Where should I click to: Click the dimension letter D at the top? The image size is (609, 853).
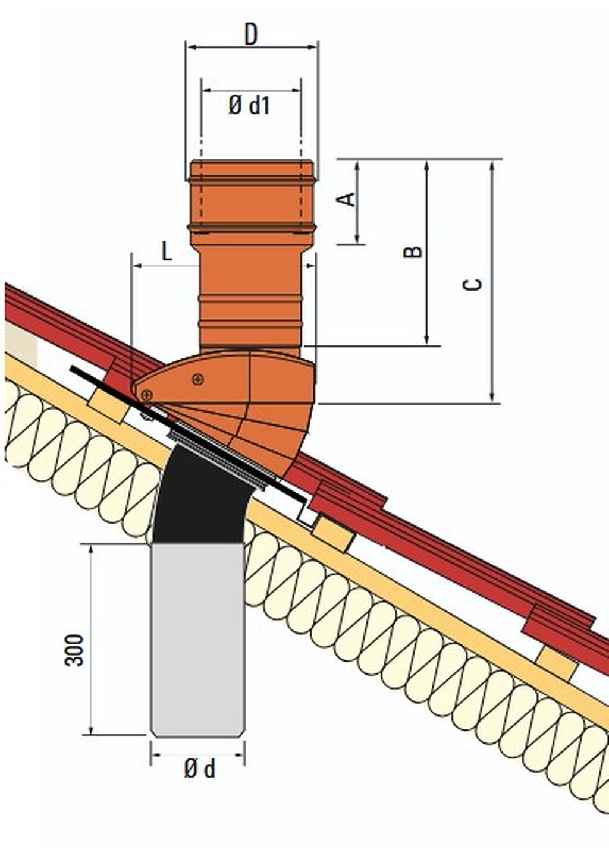[x=251, y=34]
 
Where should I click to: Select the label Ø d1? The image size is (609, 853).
[x=249, y=105]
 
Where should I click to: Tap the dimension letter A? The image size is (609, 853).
[x=347, y=199]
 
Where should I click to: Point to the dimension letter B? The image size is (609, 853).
[x=413, y=251]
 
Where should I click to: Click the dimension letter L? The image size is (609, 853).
[x=167, y=251]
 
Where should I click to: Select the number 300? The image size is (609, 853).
[x=74, y=650]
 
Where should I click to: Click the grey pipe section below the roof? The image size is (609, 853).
[x=197, y=640]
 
